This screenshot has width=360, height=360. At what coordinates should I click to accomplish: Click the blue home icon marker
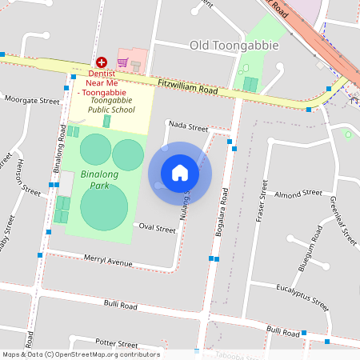[180, 173]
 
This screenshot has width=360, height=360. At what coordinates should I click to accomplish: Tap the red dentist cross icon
[102, 62]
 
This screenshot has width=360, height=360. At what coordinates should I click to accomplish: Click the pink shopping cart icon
[123, 62]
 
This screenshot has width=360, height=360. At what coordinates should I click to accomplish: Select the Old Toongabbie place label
[234, 45]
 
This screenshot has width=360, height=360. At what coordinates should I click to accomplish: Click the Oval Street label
[157, 229]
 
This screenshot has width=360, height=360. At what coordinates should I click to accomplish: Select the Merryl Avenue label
[108, 262]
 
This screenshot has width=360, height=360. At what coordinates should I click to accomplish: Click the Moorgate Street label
[32, 102]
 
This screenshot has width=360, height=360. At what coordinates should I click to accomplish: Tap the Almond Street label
[298, 194]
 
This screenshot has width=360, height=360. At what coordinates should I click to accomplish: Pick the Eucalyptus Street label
[302, 296]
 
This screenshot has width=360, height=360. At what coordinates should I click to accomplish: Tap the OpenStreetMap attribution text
[80, 354]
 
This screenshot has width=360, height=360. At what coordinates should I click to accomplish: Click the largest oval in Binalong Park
[104, 207]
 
